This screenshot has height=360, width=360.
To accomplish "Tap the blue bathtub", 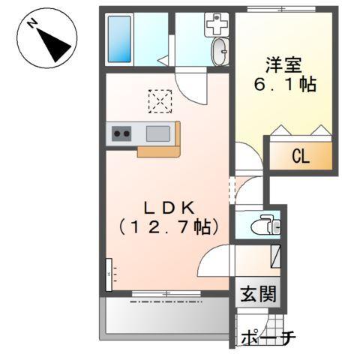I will (x=120, y=40).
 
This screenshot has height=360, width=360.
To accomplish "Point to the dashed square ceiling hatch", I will (x=160, y=100).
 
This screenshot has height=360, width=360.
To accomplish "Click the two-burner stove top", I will (x=121, y=134).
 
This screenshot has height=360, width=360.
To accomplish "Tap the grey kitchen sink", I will (x=158, y=134).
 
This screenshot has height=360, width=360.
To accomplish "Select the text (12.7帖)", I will (x=166, y=225).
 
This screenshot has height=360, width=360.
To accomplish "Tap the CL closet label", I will (x=300, y=157).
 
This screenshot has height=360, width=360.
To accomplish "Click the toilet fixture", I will (x=262, y=224).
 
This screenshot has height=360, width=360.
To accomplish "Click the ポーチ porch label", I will (x=268, y=338).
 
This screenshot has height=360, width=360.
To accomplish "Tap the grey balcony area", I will (x=165, y=315).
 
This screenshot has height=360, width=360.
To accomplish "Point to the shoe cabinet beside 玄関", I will (x=274, y=258).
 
